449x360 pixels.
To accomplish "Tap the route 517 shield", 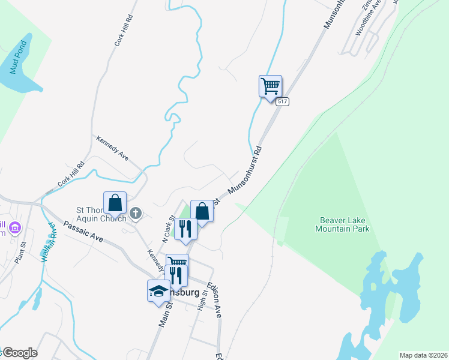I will click(x=283, y=102).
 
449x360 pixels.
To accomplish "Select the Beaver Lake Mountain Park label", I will click(x=342, y=224).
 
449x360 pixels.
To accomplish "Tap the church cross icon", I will click(x=136, y=212).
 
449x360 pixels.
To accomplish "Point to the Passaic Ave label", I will click(x=83, y=232).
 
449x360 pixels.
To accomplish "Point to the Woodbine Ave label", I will click(x=368, y=22).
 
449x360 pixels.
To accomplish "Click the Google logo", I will click(x=20, y=353).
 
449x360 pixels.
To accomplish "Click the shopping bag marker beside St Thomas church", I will click(x=115, y=203).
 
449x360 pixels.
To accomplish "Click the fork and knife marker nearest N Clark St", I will click(x=185, y=229).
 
